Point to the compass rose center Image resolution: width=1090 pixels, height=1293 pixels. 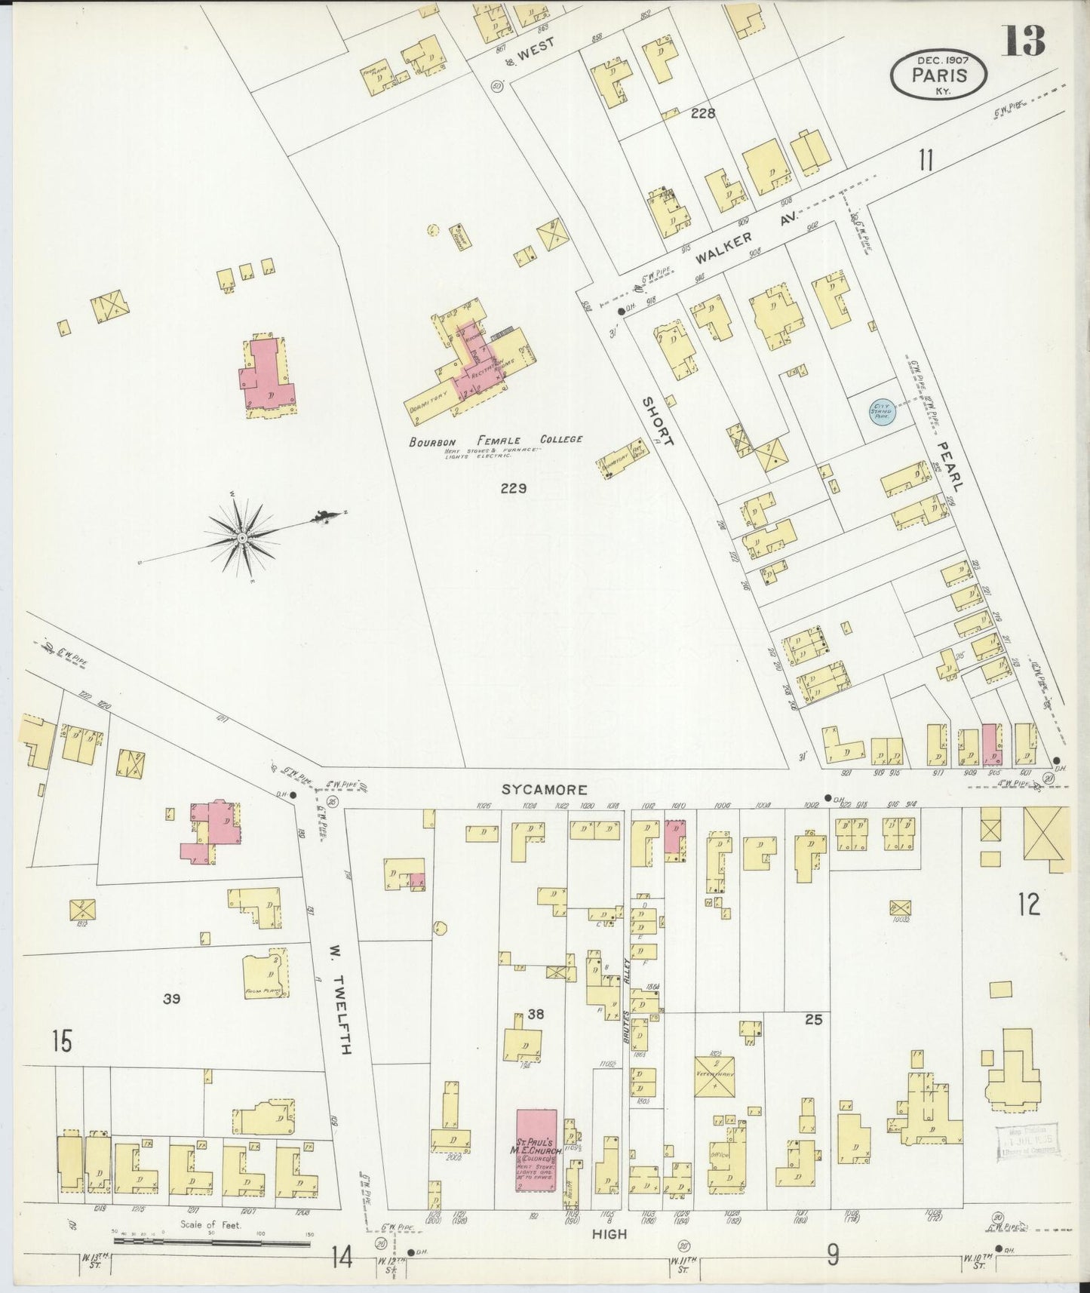point(241,537)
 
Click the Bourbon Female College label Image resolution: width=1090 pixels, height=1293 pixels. point(496,440)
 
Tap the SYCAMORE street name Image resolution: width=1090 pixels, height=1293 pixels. point(545,789)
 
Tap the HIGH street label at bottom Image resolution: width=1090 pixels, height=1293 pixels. point(609,1233)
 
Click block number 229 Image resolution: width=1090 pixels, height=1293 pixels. point(513,488)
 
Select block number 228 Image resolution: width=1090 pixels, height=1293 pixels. point(702,114)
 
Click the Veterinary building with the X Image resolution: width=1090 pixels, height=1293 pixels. point(714,1076)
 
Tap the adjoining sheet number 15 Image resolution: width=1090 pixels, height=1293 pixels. point(62,1042)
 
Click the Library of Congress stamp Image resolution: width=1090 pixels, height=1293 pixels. point(1027,1140)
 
